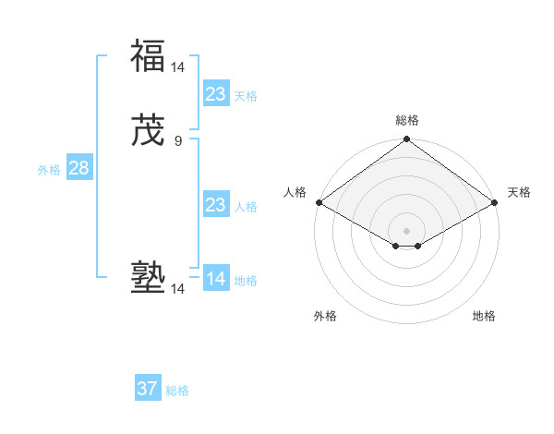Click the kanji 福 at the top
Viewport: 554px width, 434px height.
click(148, 56)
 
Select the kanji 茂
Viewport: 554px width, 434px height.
click(148, 130)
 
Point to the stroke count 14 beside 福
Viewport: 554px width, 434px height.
click(178, 67)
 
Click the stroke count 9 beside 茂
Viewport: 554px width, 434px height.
click(178, 141)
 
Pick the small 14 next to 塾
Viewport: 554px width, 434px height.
click(178, 289)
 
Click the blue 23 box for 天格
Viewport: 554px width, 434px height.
click(216, 94)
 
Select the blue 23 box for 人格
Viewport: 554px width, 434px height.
click(216, 205)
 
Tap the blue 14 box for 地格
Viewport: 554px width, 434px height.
click(216, 279)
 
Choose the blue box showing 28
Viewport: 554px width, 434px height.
click(78, 168)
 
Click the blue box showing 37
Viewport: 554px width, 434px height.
click(148, 389)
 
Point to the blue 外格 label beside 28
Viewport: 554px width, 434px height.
click(49, 170)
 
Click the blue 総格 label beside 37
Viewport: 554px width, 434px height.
click(177, 391)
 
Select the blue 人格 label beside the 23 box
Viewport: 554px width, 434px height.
click(246, 207)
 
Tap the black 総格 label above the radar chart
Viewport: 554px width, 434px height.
click(407, 120)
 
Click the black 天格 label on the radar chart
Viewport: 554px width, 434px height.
click(520, 192)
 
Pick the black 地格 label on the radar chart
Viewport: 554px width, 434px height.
click(484, 317)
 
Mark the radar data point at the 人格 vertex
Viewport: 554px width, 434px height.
click(319, 202)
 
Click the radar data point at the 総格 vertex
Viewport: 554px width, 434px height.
click(407, 139)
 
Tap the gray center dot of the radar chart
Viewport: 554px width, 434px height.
click(407, 230)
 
